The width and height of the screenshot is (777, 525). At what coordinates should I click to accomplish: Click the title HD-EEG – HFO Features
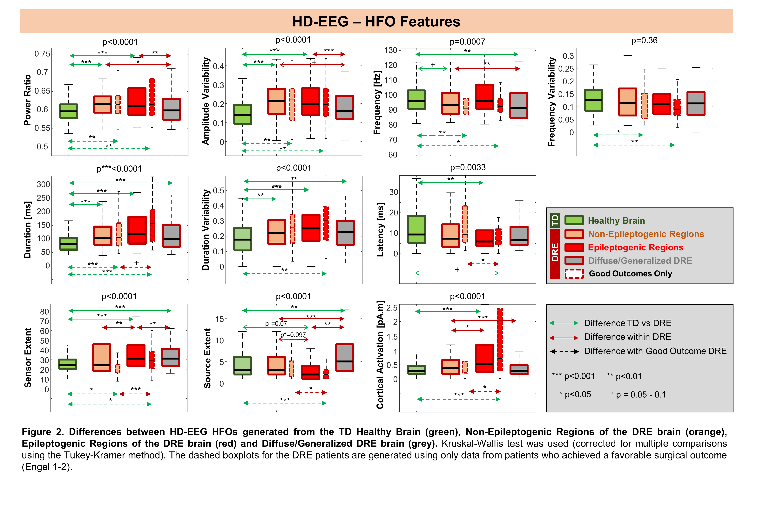tap(376, 21)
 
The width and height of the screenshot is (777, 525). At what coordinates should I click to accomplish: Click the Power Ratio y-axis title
tap(27, 100)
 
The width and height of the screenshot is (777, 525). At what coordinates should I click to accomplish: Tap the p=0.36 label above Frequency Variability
tap(644, 40)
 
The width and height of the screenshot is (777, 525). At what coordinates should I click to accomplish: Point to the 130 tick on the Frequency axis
tap(390, 50)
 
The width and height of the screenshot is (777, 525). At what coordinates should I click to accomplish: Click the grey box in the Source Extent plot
tap(345, 357)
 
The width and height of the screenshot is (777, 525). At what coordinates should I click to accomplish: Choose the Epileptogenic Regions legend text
tap(635, 247)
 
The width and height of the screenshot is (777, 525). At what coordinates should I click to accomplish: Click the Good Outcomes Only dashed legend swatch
tap(574, 274)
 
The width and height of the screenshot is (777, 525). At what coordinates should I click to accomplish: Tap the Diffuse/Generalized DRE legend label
tap(640, 261)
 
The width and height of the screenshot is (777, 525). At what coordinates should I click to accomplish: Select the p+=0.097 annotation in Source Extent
tap(293, 335)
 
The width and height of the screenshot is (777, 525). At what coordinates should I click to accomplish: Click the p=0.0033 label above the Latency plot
tap(467, 167)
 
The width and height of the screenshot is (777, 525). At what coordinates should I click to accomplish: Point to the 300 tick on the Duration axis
tap(44, 184)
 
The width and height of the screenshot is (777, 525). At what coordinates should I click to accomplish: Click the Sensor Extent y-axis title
tap(27, 357)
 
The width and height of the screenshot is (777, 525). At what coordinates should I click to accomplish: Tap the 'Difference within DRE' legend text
tap(627, 337)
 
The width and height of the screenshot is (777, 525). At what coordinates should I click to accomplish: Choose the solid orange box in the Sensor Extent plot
tap(102, 357)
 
